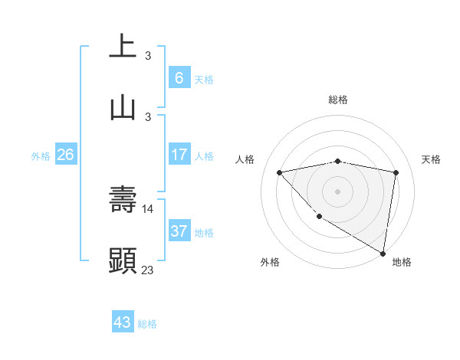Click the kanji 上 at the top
pyautogui.click(x=123, y=45)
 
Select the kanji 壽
pyautogui.click(x=123, y=198)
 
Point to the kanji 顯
pyautogui.click(x=123, y=260)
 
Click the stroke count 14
pyautogui.click(x=149, y=208)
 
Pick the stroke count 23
pyautogui.click(x=148, y=270)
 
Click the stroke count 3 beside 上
pyautogui.click(x=148, y=55)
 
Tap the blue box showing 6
pyautogui.click(x=179, y=77)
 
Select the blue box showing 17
pyautogui.click(x=179, y=155)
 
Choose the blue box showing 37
pyautogui.click(x=179, y=231)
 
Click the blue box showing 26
pyautogui.click(x=65, y=155)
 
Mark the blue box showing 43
pyautogui.click(x=123, y=322)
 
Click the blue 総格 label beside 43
pyautogui.click(x=147, y=324)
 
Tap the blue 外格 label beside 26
pyautogui.click(x=41, y=156)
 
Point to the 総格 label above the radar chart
pyautogui.click(x=338, y=100)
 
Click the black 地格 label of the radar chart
pyautogui.click(x=402, y=262)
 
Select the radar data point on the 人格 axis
pyautogui.click(x=279, y=172)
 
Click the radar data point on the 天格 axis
pyautogui.click(x=396, y=172)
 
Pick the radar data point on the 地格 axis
pyautogui.click(x=383, y=254)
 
